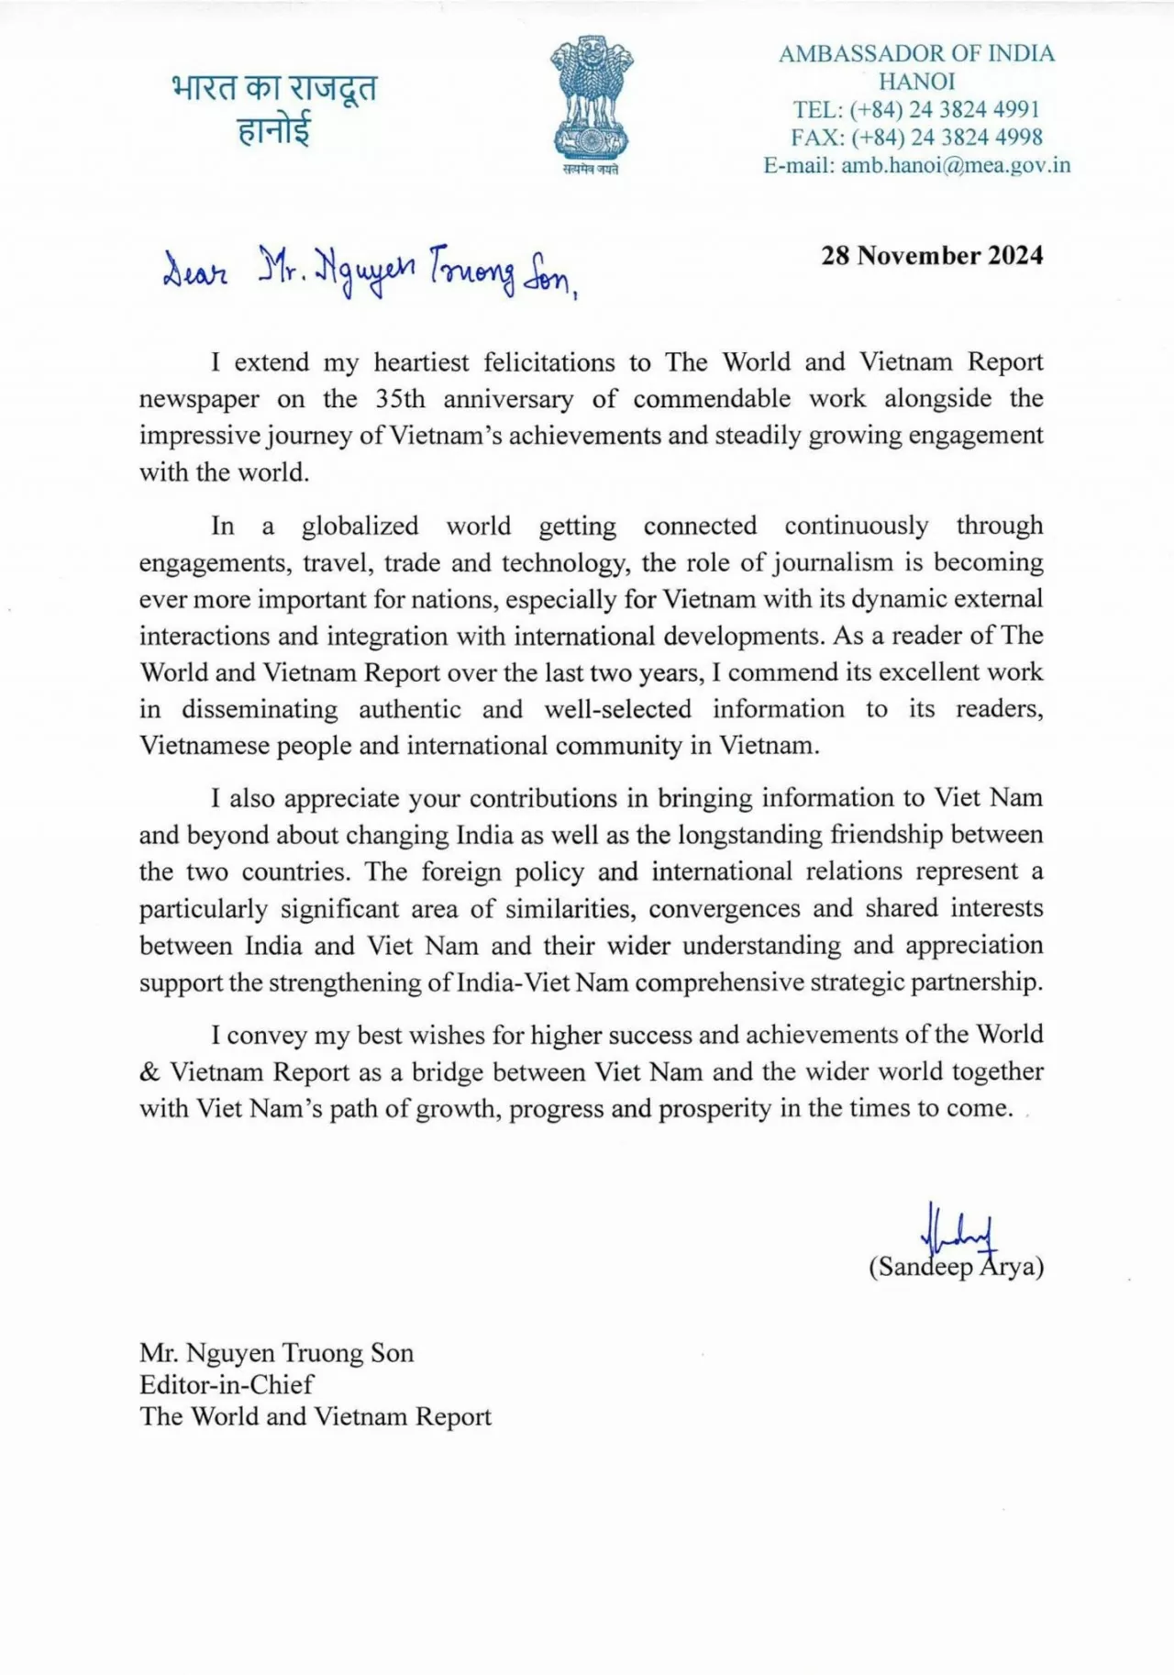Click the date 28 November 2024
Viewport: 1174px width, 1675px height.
[932, 255]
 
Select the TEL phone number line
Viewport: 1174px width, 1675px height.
[916, 110]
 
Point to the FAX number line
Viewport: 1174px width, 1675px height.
[916, 138]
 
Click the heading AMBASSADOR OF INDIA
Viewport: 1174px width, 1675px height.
[916, 54]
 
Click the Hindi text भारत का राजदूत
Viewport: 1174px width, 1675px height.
[274, 89]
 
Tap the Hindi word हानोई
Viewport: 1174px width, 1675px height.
[274, 130]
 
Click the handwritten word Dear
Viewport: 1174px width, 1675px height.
[194, 272]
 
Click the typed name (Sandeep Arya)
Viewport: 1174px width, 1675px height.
[956, 1267]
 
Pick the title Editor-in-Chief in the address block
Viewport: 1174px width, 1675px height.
[227, 1384]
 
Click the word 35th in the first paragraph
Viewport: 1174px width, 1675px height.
[400, 399]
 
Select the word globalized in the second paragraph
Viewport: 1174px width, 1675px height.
[360, 526]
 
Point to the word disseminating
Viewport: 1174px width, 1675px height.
[259, 709]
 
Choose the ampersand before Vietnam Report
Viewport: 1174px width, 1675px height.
[150, 1072]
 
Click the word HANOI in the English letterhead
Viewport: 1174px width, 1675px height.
[916, 82]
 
